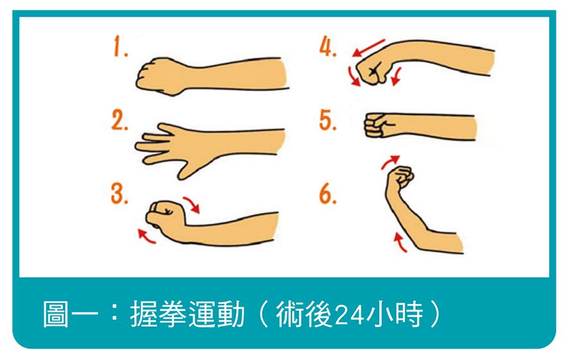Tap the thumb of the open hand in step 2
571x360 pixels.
pos(189,168)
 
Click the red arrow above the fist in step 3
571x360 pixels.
pos(192,204)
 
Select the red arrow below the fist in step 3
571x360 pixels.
pos(146,237)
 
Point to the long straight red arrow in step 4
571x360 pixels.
pos(368,47)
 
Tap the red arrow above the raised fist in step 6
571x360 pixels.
pos(389,162)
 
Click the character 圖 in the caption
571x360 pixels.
pos(56,314)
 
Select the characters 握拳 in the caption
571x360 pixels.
pos(158,314)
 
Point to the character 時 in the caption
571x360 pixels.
pos(409,314)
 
